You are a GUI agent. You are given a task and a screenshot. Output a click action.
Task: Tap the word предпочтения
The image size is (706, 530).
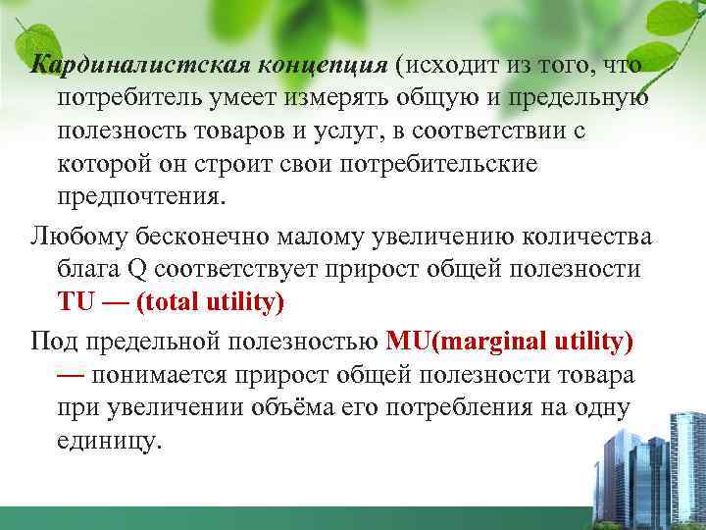tap(141, 195)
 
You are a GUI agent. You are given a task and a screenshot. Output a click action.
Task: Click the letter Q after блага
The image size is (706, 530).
tap(139, 270)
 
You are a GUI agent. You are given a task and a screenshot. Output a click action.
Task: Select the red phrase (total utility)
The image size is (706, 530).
tap(211, 302)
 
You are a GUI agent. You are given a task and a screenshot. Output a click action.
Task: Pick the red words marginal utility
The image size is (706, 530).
tap(533, 344)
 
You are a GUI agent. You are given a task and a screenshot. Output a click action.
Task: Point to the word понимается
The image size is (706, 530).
tap(186, 376)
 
